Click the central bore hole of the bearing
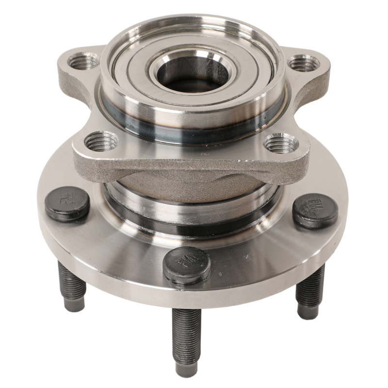194,73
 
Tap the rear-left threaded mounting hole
83,61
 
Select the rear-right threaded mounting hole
304,63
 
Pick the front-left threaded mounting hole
101,141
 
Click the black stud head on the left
67,203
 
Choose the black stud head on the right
315,210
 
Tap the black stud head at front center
187,264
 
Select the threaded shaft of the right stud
310,289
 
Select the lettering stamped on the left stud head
68,198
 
